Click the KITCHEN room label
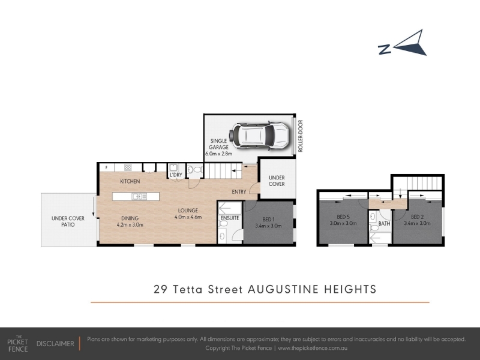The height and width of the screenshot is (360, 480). [130, 181]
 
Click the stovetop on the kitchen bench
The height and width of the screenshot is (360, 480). [128, 167]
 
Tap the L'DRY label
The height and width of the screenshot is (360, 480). [176, 175]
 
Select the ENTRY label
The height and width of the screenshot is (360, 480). [239, 191]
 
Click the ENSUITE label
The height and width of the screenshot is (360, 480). [230, 218]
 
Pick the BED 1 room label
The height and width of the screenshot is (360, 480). [268, 219]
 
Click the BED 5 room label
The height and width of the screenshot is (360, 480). [343, 217]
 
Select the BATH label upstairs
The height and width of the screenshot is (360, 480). [384, 223]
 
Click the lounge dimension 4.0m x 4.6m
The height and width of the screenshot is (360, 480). [188, 217]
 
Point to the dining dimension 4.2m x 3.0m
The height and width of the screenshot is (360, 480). [130, 224]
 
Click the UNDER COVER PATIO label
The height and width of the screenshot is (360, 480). [68, 221]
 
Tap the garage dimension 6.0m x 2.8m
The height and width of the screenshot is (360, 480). [218, 154]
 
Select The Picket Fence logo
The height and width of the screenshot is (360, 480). [18, 344]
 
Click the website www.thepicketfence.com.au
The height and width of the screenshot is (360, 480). [313, 348]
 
